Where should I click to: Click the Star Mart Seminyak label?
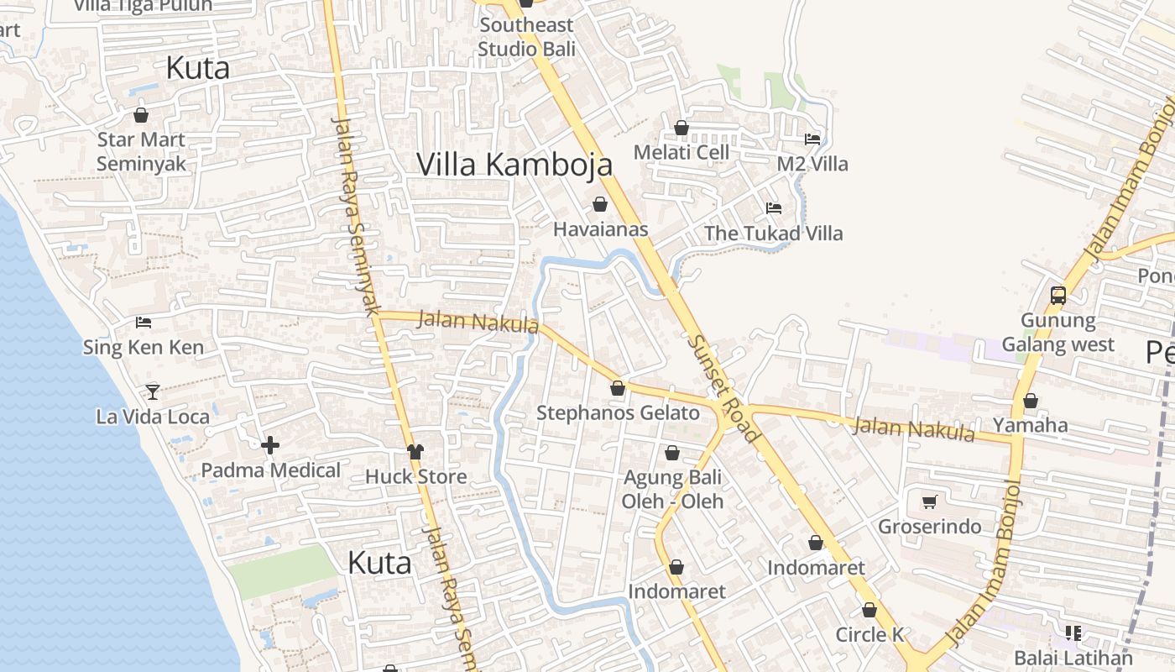point(141,151)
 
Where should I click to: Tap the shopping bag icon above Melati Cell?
point(681,128)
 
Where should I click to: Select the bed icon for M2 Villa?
point(812,139)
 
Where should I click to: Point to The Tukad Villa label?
point(773,233)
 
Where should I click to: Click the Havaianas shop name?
point(600,228)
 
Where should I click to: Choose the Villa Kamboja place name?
point(514,164)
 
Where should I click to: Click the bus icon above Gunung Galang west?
point(1058,296)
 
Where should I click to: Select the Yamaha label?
point(1031,424)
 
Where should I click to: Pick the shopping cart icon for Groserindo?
point(929,502)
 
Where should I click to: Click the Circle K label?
point(869,634)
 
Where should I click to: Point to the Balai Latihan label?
point(1073,657)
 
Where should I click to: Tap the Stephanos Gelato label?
point(618,412)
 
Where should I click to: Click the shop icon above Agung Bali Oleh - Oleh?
point(672,454)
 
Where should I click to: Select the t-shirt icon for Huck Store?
point(415,452)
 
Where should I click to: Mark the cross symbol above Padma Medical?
point(270,445)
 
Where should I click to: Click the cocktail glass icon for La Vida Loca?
point(152,391)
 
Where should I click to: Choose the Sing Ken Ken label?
point(144,346)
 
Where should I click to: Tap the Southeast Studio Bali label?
point(526,37)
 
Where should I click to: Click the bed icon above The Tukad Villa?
point(773,208)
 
